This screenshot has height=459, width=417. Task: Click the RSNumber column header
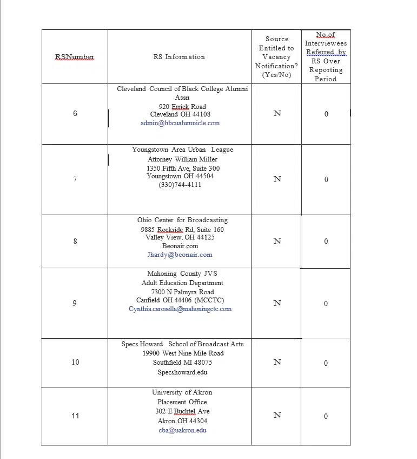point(75,57)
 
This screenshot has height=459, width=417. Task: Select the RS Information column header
point(179,57)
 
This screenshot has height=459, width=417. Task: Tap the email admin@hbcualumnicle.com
point(180,123)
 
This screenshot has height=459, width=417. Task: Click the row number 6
point(75,113)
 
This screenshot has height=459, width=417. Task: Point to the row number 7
point(75,179)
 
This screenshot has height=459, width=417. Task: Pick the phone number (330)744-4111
point(180,185)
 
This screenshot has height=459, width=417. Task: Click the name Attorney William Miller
point(182,159)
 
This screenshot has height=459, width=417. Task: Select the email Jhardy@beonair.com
point(180,255)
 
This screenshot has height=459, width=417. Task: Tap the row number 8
point(75,241)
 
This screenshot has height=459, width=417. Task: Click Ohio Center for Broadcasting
point(182,221)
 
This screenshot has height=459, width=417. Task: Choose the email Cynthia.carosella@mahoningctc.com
point(180,309)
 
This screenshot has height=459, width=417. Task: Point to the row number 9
point(75,303)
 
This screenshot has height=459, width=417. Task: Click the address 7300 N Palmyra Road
point(182,292)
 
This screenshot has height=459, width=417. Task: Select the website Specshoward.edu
point(182,372)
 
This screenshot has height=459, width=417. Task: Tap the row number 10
point(75,362)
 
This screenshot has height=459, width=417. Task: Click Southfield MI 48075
point(182,363)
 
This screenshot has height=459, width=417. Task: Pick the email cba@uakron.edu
point(182,430)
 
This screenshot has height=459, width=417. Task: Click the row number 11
point(75,416)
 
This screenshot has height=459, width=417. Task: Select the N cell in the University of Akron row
point(277,416)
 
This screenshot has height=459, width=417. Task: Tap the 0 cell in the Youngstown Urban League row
point(326,179)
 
